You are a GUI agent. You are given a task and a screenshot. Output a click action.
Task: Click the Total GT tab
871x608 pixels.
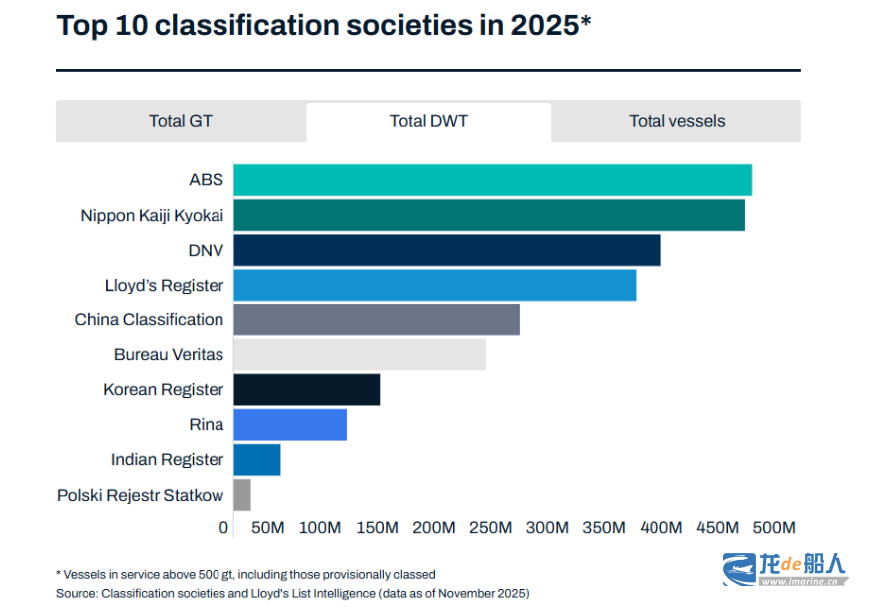pos(181,121)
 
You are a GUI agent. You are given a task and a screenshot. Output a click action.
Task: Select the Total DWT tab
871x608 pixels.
pos(428,121)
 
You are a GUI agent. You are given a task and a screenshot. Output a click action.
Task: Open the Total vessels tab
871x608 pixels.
pos(676,121)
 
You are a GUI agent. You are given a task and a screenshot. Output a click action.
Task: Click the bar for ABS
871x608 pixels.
pos(493,180)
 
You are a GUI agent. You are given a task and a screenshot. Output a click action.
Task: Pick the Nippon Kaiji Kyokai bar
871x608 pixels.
pos(489,215)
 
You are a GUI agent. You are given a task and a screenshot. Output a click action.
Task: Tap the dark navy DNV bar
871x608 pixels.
pos(447,250)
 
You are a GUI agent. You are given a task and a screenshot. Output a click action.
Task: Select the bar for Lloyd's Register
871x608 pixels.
pos(434,285)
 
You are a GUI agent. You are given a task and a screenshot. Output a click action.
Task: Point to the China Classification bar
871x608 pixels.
pos(376,319)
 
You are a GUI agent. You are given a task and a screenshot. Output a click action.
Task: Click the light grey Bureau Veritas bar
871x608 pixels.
pos(359,354)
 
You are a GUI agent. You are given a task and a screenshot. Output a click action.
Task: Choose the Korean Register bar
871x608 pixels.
pos(306,389)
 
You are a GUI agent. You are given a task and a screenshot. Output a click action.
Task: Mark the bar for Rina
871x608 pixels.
pos(290,424)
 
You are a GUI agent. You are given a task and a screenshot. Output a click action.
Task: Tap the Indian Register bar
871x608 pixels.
pos(256,459)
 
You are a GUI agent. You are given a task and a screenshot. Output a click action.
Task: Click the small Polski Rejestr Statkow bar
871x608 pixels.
pos(242,494)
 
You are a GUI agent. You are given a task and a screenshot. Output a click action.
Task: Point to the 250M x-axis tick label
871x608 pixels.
pos(490,527)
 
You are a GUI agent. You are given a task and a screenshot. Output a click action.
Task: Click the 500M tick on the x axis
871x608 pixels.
pos(774,527)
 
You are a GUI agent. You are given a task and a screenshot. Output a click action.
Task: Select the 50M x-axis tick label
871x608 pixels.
pos(268,527)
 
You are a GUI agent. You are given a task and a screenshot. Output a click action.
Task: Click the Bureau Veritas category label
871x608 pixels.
pos(169,354)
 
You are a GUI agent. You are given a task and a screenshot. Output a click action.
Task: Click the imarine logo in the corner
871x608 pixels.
pos(784,568)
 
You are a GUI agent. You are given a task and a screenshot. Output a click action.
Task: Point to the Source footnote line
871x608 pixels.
pos(292,593)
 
